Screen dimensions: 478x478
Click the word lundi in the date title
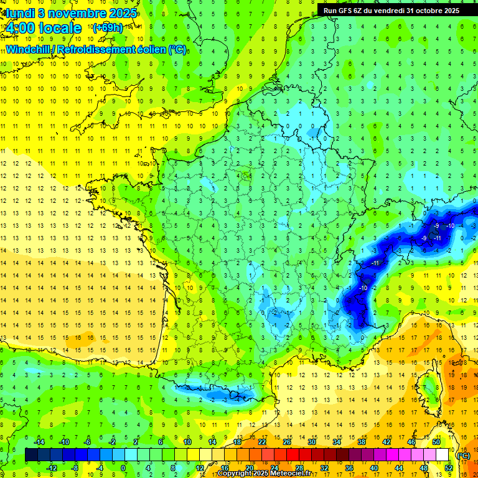coord(19,12)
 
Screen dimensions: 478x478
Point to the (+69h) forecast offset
coord(107,27)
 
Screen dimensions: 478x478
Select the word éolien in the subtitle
coord(152,49)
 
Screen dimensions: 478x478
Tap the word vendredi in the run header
coord(387,10)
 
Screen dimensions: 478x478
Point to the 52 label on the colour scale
coord(448,467)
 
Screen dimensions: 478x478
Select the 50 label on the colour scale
coord(436,442)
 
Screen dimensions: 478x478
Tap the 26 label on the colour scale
coord(287,442)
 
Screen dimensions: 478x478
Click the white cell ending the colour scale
coord(443,455)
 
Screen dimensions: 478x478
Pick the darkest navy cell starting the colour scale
coord(31,455)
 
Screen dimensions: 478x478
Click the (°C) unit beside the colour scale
coord(463,455)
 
